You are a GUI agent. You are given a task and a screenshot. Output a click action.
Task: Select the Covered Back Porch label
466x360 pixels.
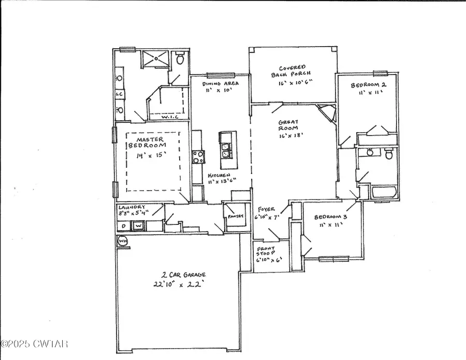click(292, 71)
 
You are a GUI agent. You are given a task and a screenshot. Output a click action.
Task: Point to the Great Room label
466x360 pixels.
click(286, 125)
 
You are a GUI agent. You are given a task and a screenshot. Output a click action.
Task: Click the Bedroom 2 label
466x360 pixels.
click(368, 85)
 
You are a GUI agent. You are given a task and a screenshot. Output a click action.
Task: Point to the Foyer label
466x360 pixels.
click(268, 209)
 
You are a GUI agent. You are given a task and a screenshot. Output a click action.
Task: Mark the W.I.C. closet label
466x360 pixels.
click(169, 117)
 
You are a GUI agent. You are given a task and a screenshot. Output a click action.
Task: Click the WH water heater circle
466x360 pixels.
click(123, 241)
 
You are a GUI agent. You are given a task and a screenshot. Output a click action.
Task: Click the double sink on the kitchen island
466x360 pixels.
click(226, 150)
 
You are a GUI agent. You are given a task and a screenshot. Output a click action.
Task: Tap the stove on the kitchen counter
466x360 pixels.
click(197, 156)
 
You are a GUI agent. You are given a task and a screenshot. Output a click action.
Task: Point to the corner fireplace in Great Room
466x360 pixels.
click(327, 112)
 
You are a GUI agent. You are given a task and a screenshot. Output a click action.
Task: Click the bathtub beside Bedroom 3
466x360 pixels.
click(384, 193)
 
